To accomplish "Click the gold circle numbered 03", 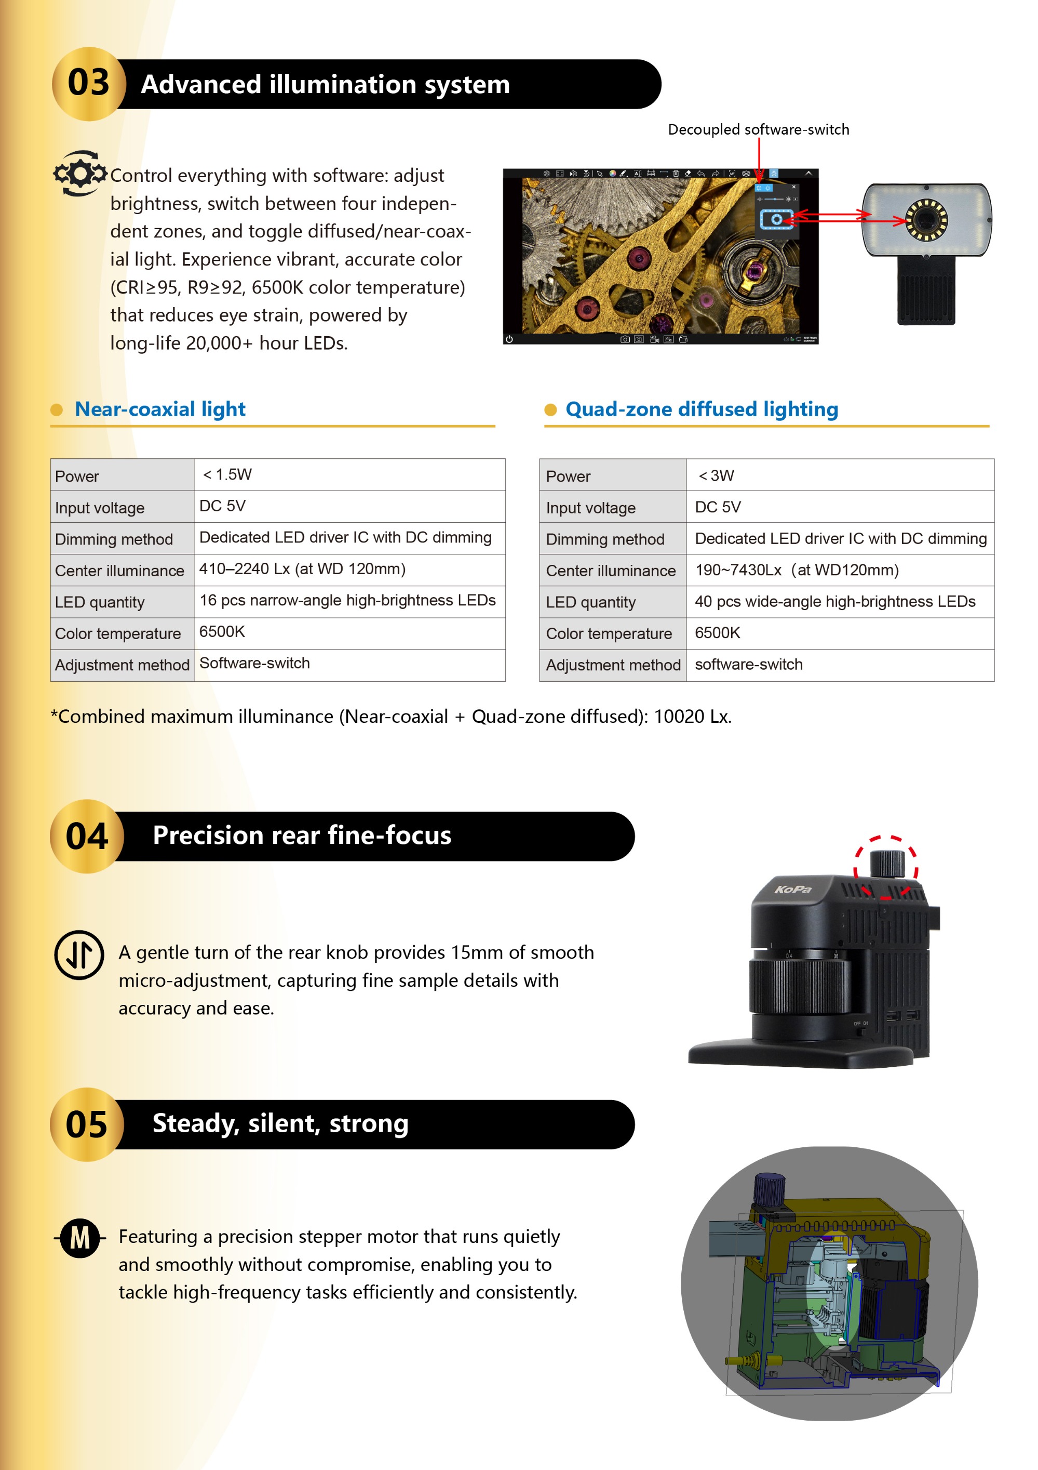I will point(88,84).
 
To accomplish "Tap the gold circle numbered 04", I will point(86,836).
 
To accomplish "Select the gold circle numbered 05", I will point(86,1124).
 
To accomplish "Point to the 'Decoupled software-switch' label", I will point(758,129).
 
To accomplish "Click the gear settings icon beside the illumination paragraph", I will point(79,173).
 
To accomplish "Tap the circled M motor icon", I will point(80,1238).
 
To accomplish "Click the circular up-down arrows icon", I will point(79,955).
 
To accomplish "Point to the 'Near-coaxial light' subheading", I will point(160,409).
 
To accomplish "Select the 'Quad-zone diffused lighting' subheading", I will point(702,409).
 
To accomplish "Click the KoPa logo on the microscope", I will point(793,889).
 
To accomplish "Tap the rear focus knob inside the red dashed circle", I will point(886,863).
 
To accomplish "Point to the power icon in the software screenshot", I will point(509,339).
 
